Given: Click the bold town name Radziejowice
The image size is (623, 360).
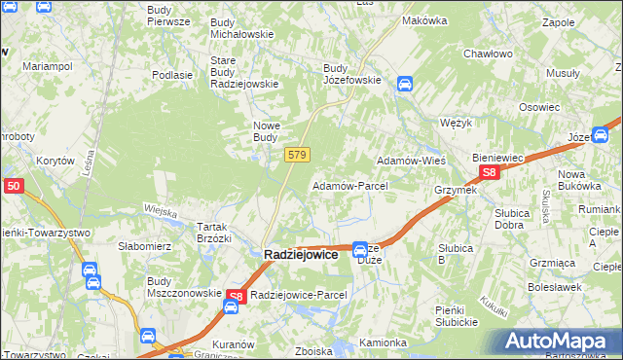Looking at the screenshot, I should point(301,254).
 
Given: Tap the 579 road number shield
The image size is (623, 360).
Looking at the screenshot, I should point(298,156).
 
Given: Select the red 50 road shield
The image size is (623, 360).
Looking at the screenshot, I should point(13,186).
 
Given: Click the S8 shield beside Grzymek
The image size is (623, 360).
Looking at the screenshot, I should point(490,173).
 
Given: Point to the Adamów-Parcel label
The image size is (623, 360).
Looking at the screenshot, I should point(349,185).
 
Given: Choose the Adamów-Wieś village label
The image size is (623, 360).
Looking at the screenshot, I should point(411,159).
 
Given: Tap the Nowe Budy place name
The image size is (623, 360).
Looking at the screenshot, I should point(267,131).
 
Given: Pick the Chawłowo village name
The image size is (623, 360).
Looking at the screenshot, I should point(487,54).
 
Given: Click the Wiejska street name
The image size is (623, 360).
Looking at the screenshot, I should point(160,210).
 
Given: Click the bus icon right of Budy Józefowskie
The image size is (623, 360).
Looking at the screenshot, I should point(404,85).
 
